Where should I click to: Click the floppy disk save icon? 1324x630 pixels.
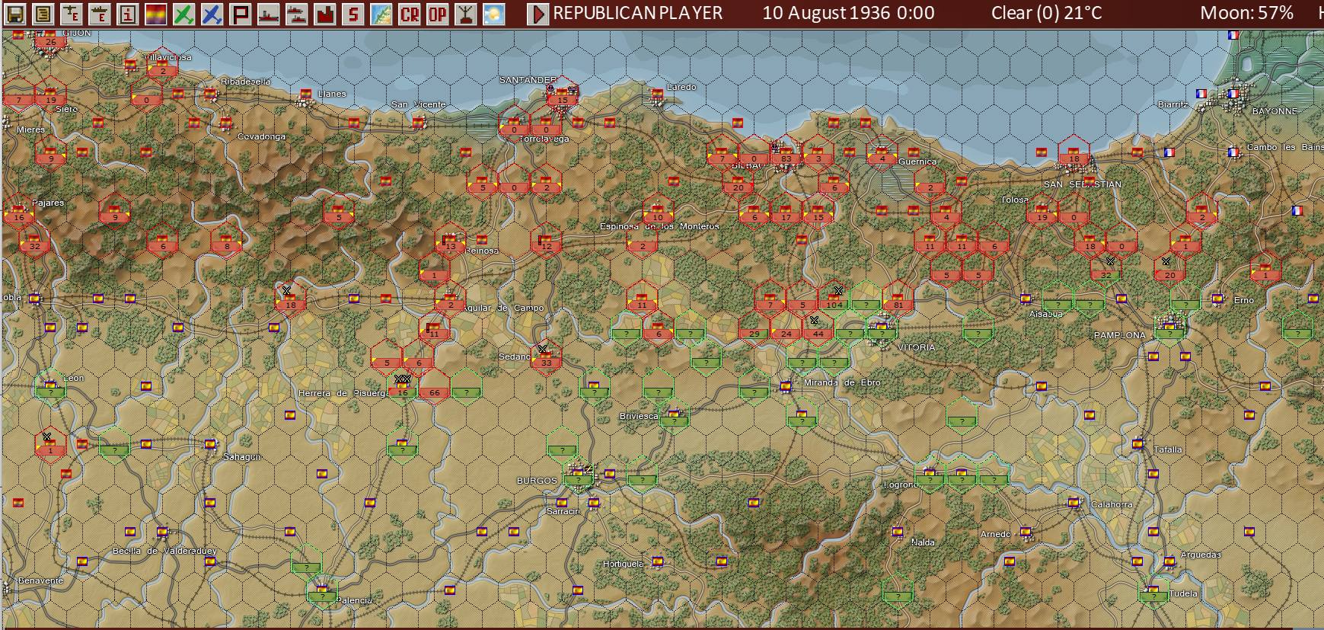[14, 14]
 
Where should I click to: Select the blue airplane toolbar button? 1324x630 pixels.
[212, 14]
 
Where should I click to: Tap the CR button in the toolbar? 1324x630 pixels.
[410, 14]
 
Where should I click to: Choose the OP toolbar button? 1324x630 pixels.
[438, 14]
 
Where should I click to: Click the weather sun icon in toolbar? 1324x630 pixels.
[494, 14]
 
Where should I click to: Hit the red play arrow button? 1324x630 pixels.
[538, 14]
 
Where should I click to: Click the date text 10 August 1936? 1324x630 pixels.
[848, 13]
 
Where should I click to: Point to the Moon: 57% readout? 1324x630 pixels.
[1246, 13]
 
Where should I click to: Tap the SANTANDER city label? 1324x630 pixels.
[528, 80]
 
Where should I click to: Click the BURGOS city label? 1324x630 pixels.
[537, 481]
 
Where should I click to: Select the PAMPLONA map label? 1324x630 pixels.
[1119, 335]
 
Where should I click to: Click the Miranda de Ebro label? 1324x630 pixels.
[842, 382]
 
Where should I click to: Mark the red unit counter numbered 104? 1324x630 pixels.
[834, 305]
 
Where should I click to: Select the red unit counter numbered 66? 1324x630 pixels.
[434, 392]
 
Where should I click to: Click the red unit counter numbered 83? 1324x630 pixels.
[786, 159]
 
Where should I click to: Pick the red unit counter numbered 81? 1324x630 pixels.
[898, 305]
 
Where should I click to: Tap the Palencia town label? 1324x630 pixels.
[354, 600]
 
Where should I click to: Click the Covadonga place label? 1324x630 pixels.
[261, 137]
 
